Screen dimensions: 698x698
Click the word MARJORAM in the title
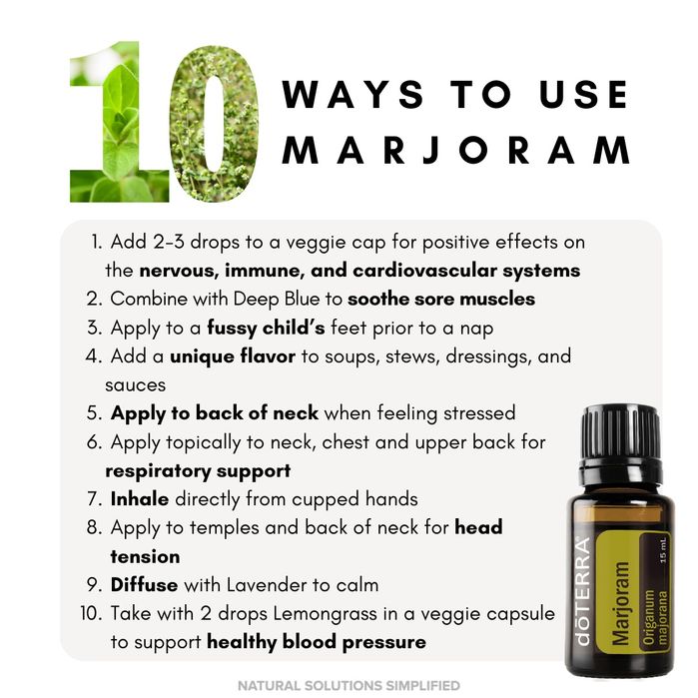456,149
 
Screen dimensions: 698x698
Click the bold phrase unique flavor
232,356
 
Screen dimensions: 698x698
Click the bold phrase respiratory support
198,469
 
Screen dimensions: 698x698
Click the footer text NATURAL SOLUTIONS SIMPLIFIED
349,686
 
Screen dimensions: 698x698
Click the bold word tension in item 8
145,556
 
